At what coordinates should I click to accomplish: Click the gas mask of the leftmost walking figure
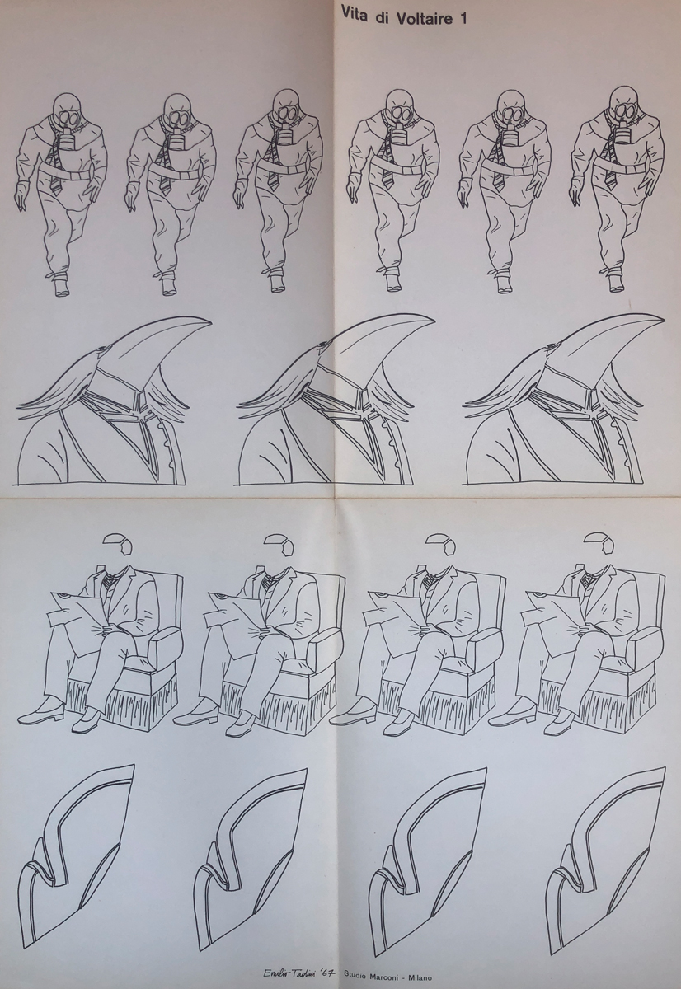point(68,119)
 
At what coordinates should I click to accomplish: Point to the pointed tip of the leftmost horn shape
point(211,322)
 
